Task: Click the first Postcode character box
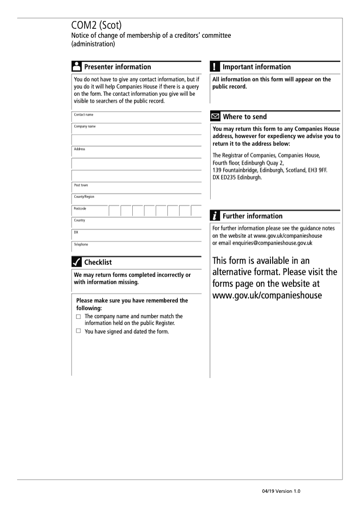114,211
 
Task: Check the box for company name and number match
78,317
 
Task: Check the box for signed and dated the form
78,331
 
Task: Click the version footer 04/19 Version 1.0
280,491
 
